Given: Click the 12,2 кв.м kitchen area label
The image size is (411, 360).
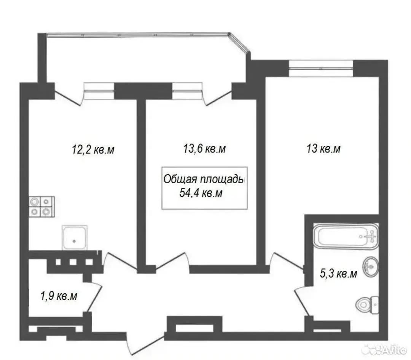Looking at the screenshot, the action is pos(93,150).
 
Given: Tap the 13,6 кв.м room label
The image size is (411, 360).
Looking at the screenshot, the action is pos(204,149).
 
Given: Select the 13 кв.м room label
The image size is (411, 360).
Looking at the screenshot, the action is pos(323,149).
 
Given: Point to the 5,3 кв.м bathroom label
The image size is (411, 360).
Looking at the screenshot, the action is pos(338,274).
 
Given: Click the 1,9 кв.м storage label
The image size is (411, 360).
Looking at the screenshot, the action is pos(59,296).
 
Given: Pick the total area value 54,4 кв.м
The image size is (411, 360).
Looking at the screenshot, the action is pos(201,193).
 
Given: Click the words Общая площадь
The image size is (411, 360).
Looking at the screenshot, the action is pos(204,179).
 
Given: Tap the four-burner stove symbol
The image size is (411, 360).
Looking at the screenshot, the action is pos(41,206).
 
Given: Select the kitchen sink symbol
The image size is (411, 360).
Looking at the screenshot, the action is pos(75,237).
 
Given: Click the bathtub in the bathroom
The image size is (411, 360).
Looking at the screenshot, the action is pos(346,236).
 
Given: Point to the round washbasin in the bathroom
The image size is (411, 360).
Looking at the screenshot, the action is pos(371,266).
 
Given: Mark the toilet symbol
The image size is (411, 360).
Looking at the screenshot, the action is pos(367,305).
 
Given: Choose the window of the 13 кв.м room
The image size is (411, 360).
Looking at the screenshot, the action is pos(321,68).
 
